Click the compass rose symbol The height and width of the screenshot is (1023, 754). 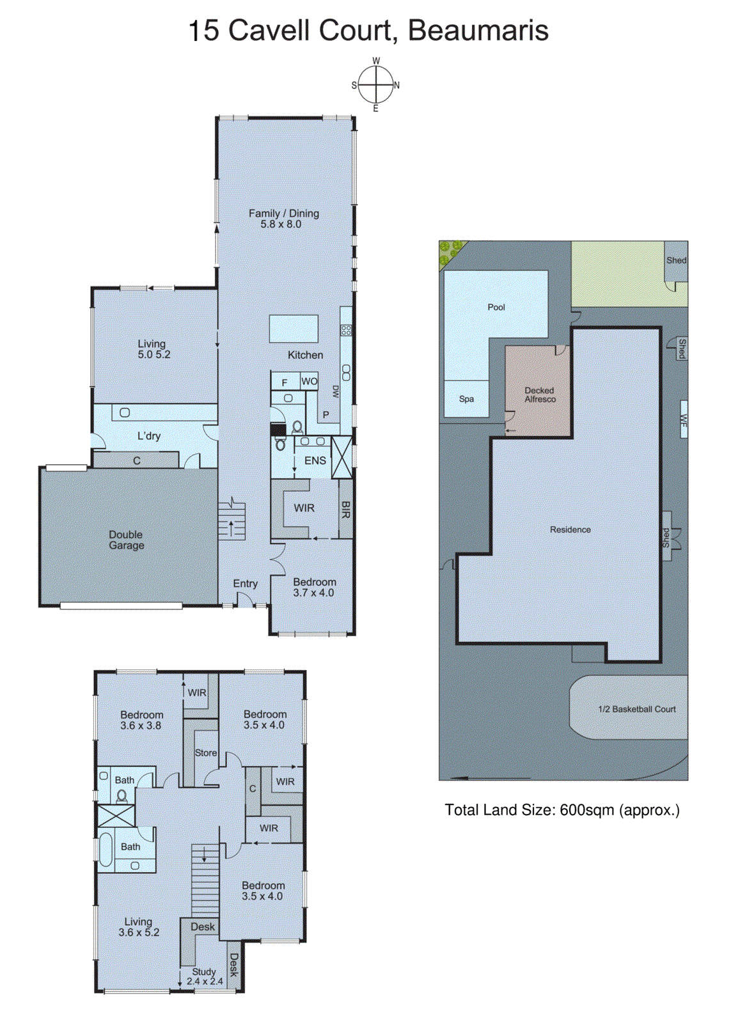(x=375, y=85)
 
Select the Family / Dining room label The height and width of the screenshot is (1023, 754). (x=283, y=218)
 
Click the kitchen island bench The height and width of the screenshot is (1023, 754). (x=294, y=328)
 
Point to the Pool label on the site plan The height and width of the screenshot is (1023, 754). (x=496, y=307)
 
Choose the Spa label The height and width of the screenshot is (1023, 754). (x=466, y=399)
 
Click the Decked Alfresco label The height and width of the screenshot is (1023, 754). (x=539, y=394)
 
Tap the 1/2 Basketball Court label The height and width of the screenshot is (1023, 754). (x=636, y=709)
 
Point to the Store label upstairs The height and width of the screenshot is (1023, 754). (x=206, y=753)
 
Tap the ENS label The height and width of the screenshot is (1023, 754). (x=315, y=460)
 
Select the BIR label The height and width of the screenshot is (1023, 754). (x=345, y=508)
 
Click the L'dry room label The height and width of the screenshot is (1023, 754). (x=149, y=435)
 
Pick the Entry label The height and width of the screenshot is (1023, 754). (x=245, y=584)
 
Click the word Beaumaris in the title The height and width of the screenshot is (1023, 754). (x=478, y=31)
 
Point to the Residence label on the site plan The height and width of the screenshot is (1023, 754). (x=570, y=530)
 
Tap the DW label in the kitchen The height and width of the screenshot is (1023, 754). (x=334, y=392)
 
